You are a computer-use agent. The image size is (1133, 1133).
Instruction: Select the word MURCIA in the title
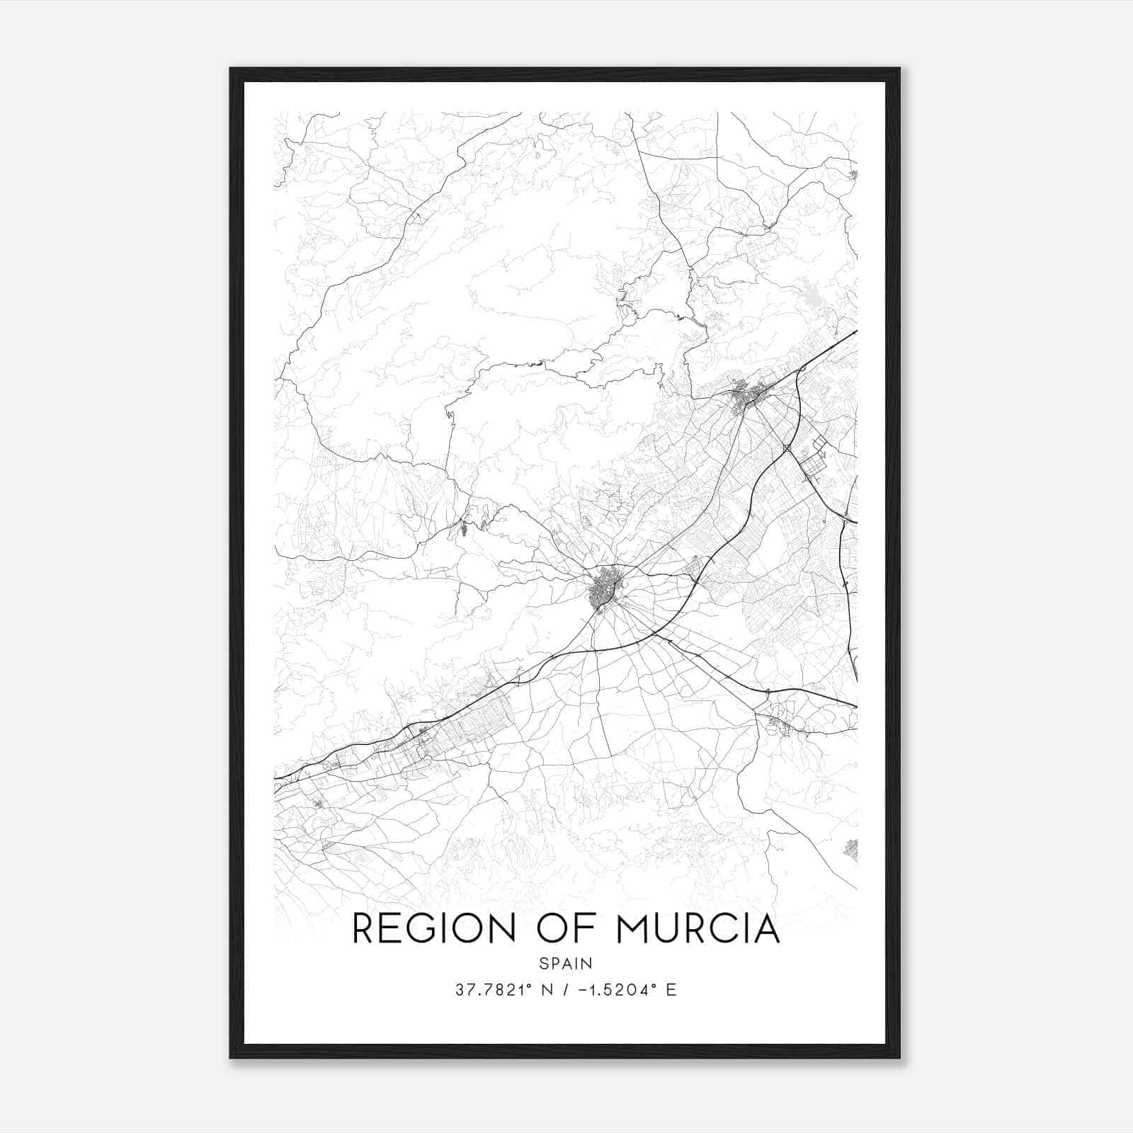[x=698, y=929]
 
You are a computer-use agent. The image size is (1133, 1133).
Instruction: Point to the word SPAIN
[x=566, y=963]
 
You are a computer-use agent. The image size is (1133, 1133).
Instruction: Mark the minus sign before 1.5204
[x=582, y=990]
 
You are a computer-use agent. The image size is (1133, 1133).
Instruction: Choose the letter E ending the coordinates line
[x=671, y=990]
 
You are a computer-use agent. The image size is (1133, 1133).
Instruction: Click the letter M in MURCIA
[x=633, y=929]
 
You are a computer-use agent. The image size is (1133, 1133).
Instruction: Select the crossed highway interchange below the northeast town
[x=787, y=448]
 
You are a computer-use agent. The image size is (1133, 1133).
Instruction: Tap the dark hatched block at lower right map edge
[x=852, y=849]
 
